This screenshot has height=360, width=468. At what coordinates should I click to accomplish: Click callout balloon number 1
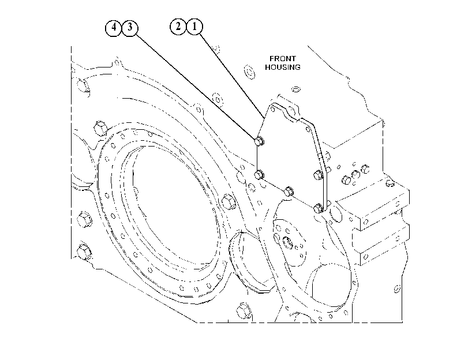coord(194,27)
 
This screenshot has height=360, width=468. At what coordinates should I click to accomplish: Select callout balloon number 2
coord(178,27)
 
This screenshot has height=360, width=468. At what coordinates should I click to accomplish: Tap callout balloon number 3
coord(130,28)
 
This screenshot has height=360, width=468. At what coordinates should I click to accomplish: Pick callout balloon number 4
coord(114,28)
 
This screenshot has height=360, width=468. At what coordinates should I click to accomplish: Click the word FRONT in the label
coord(283,58)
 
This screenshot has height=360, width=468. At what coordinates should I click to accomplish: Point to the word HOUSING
coord(283,67)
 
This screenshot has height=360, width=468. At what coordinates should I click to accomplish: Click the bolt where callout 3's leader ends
coord(259,141)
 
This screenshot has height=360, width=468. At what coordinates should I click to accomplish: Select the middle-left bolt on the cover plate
coord(259,174)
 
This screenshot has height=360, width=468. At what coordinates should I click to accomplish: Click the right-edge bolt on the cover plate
coord(319,175)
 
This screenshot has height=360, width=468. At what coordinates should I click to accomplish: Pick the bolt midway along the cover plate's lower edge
coord(289,191)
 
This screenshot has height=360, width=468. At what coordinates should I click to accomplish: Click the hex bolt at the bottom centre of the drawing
coord(244,311)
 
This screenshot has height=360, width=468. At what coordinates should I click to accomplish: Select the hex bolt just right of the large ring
coord(229,201)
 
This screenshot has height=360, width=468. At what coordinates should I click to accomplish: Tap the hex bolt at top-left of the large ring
coord(100,128)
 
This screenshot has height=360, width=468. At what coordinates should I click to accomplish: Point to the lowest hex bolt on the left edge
coord(84,252)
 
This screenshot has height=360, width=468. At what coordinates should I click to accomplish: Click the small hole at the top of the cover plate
coord(273,110)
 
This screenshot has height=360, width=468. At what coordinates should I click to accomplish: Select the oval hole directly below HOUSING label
coord(295,89)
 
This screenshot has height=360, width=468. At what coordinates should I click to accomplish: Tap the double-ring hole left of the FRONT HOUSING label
coord(249,72)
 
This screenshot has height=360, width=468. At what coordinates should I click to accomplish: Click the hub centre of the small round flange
coord(288,242)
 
